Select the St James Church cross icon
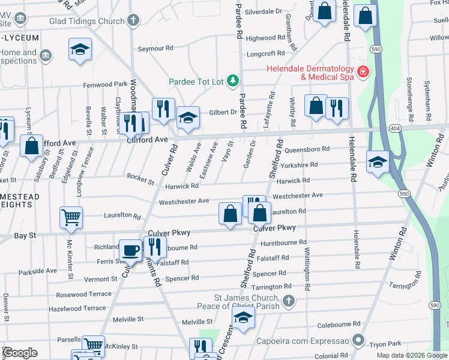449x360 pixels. coord(288,300)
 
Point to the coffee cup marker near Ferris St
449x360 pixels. coord(130,251)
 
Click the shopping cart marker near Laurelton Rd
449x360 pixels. coord(71,218)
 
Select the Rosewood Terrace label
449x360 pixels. coord(83,295)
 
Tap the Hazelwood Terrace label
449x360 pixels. coord(80,308)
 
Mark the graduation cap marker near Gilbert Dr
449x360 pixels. coord(188,119)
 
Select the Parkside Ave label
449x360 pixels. coord(37,271)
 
